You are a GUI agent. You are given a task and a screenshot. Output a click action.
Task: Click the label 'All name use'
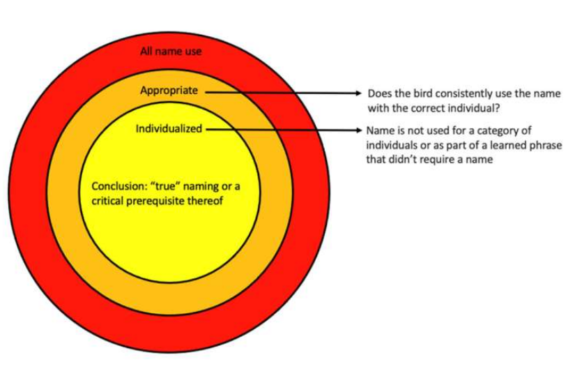[171, 51]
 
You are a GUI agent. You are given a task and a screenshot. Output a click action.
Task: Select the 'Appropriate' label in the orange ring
[169, 91]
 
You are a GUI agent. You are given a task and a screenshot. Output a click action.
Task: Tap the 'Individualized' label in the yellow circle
[169, 128]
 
